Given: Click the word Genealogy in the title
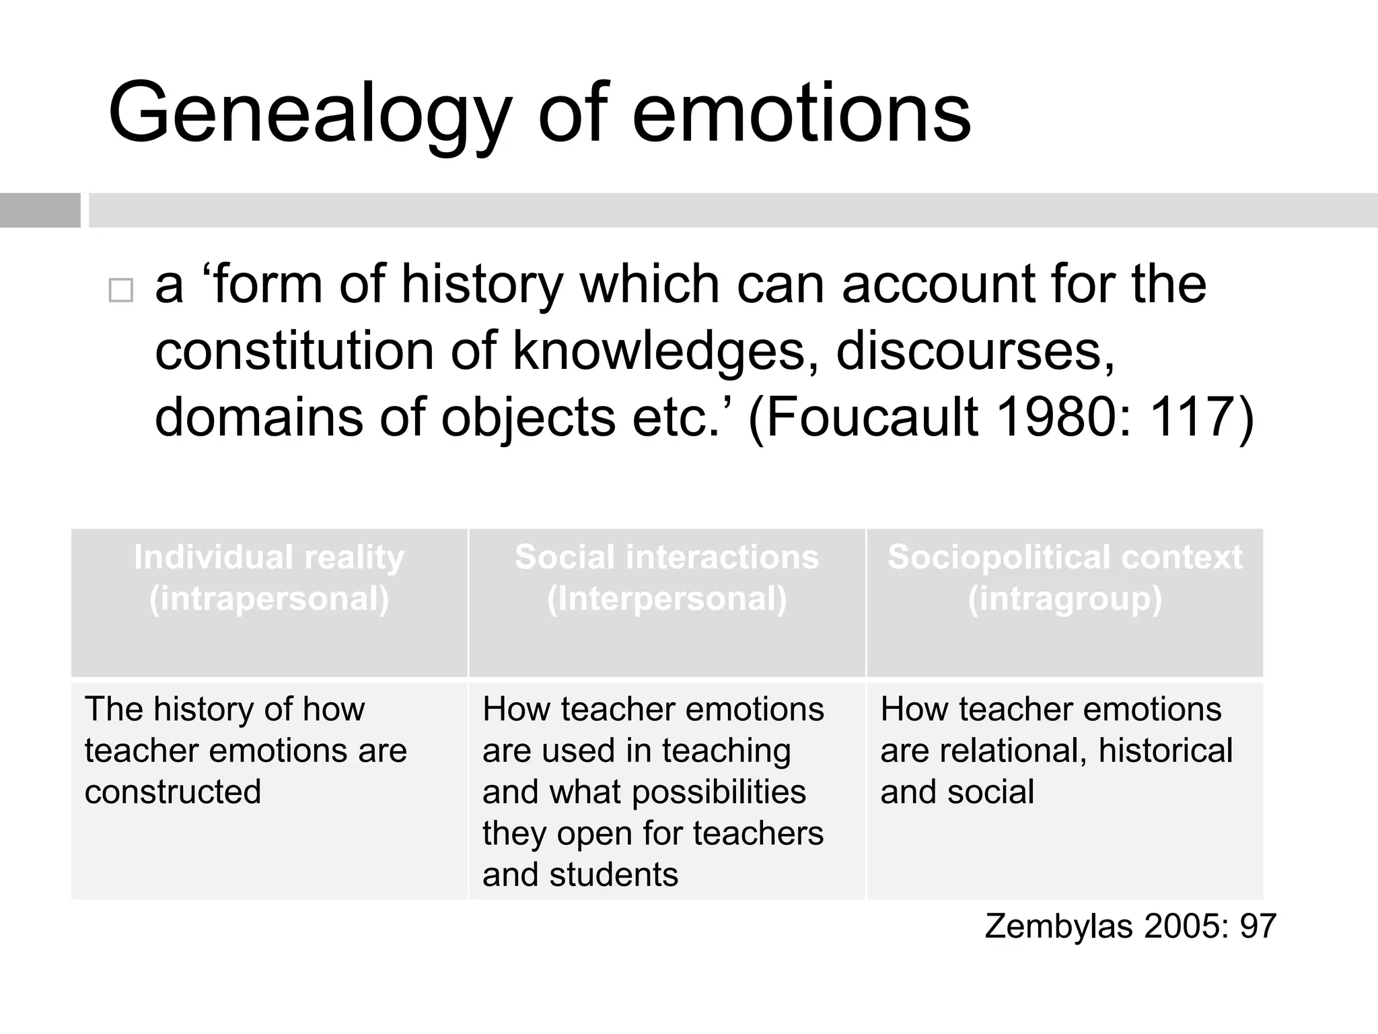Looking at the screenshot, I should [x=310, y=113].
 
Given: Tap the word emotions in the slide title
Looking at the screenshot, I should [x=801, y=113].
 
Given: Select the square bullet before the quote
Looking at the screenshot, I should [x=121, y=290].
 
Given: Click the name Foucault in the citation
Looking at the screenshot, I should [x=871, y=417].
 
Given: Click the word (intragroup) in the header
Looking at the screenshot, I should [x=1064, y=598].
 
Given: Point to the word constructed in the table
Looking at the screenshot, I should [x=173, y=792].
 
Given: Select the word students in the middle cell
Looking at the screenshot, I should [x=614, y=874].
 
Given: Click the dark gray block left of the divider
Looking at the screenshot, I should [x=40, y=210].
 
